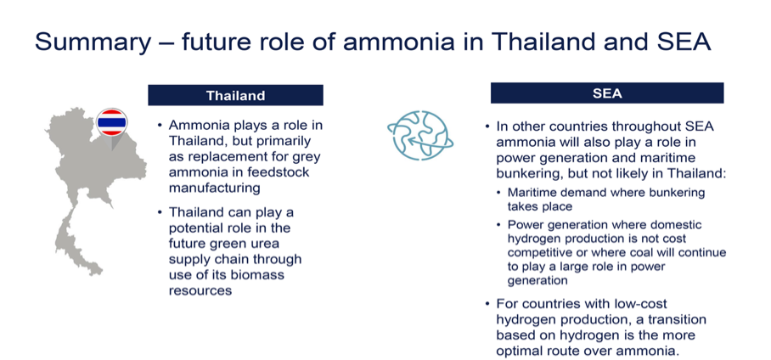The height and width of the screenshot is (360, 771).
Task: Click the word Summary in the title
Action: [93, 42]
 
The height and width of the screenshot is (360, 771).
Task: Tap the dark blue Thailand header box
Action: [235, 95]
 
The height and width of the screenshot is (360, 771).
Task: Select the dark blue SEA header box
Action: [607, 93]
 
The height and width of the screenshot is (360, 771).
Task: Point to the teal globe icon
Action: [420, 135]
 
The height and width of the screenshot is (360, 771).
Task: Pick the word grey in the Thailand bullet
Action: [306, 157]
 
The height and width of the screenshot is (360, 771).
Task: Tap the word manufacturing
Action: [214, 188]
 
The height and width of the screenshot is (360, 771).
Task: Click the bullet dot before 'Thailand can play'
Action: [160, 212]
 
